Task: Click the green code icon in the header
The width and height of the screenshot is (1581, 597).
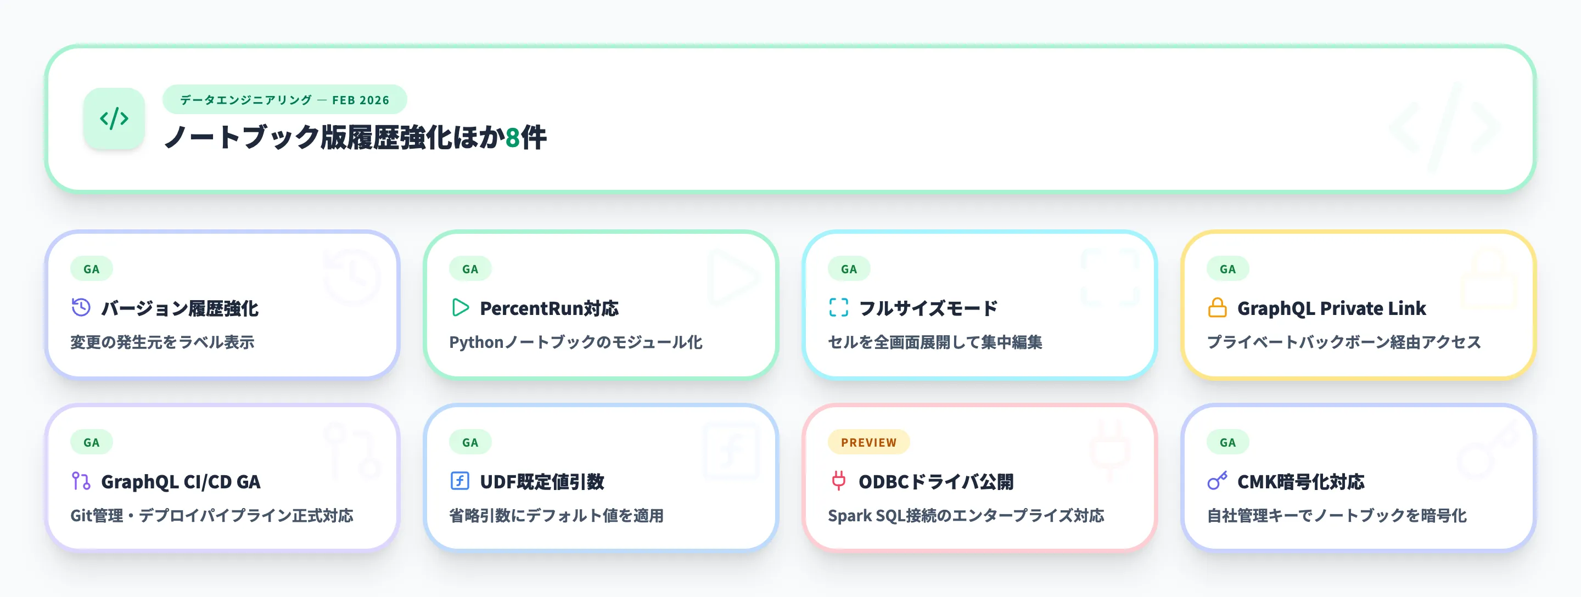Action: pyautogui.click(x=114, y=119)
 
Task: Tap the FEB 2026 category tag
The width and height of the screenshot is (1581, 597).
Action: pyautogui.click(x=284, y=99)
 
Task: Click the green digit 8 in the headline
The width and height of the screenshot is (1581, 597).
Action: pyautogui.click(x=513, y=137)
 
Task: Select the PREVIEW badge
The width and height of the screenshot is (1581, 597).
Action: pyautogui.click(x=868, y=442)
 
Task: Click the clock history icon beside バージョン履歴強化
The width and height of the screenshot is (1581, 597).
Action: pyautogui.click(x=81, y=307)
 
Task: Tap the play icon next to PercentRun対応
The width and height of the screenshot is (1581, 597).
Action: pyautogui.click(x=459, y=307)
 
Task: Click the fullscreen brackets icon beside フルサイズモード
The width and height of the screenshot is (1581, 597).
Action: pyautogui.click(x=838, y=307)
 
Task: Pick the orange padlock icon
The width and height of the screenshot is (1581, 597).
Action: pyautogui.click(x=1217, y=307)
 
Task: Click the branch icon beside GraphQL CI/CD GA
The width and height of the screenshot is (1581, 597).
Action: pyautogui.click(x=81, y=481)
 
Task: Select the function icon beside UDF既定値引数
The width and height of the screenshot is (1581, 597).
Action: pyautogui.click(x=459, y=481)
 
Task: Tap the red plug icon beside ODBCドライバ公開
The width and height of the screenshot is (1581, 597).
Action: pyautogui.click(x=838, y=481)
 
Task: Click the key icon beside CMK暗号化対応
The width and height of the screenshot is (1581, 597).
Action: pyautogui.click(x=1217, y=481)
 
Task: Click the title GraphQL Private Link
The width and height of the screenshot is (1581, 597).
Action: pyautogui.click(x=1331, y=308)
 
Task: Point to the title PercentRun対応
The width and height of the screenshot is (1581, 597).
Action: pyautogui.click(x=549, y=308)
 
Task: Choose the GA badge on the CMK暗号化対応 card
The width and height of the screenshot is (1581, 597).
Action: pyautogui.click(x=1227, y=442)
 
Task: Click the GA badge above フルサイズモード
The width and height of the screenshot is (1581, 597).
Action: pyautogui.click(x=849, y=269)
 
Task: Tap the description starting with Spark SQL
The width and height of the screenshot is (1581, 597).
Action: pyautogui.click(x=966, y=515)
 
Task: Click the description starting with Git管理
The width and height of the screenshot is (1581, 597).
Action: pyautogui.click(x=212, y=515)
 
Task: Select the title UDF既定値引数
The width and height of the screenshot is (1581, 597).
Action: pyautogui.click(x=542, y=482)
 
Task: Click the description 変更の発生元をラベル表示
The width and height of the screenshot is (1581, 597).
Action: pyautogui.click(x=162, y=342)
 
